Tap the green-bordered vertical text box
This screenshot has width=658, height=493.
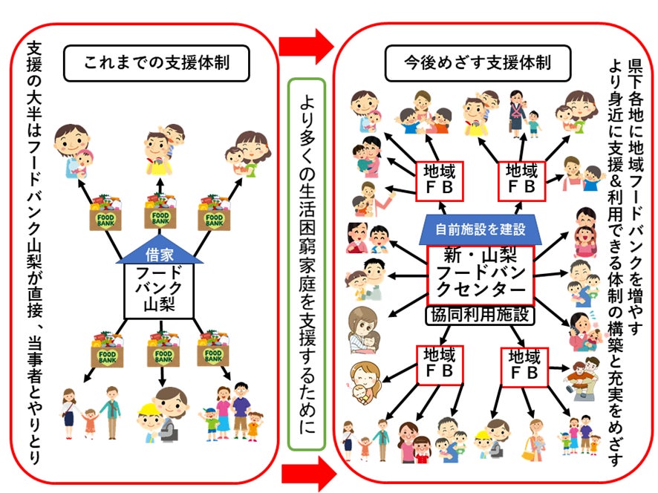point(306,264)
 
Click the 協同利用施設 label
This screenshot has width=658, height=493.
point(480,316)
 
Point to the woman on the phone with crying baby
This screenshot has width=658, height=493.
point(587,331)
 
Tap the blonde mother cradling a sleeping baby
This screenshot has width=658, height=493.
point(365,381)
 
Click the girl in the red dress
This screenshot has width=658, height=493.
point(91,424)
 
